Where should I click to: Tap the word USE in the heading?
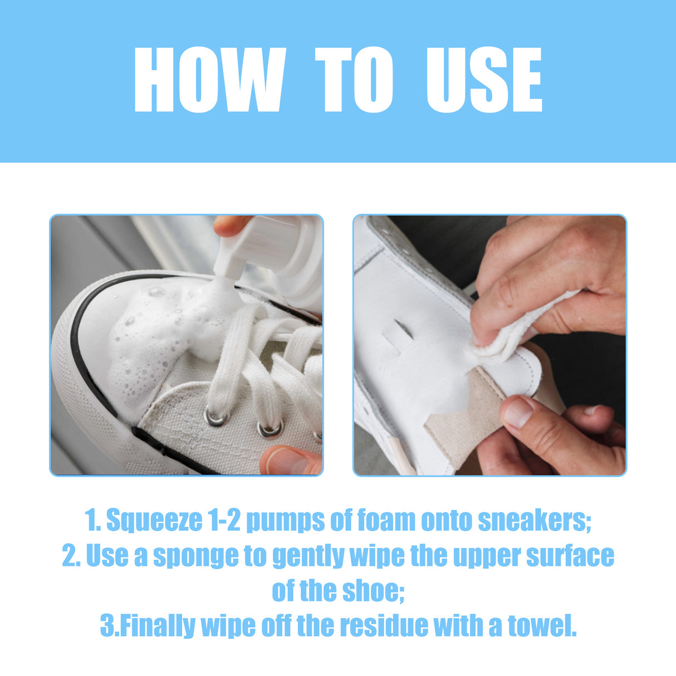point(484,80)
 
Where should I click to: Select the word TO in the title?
point(354,80)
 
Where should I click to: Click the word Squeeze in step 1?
point(154,521)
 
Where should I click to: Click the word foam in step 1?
point(386,521)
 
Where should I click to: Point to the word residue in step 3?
point(384,626)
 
